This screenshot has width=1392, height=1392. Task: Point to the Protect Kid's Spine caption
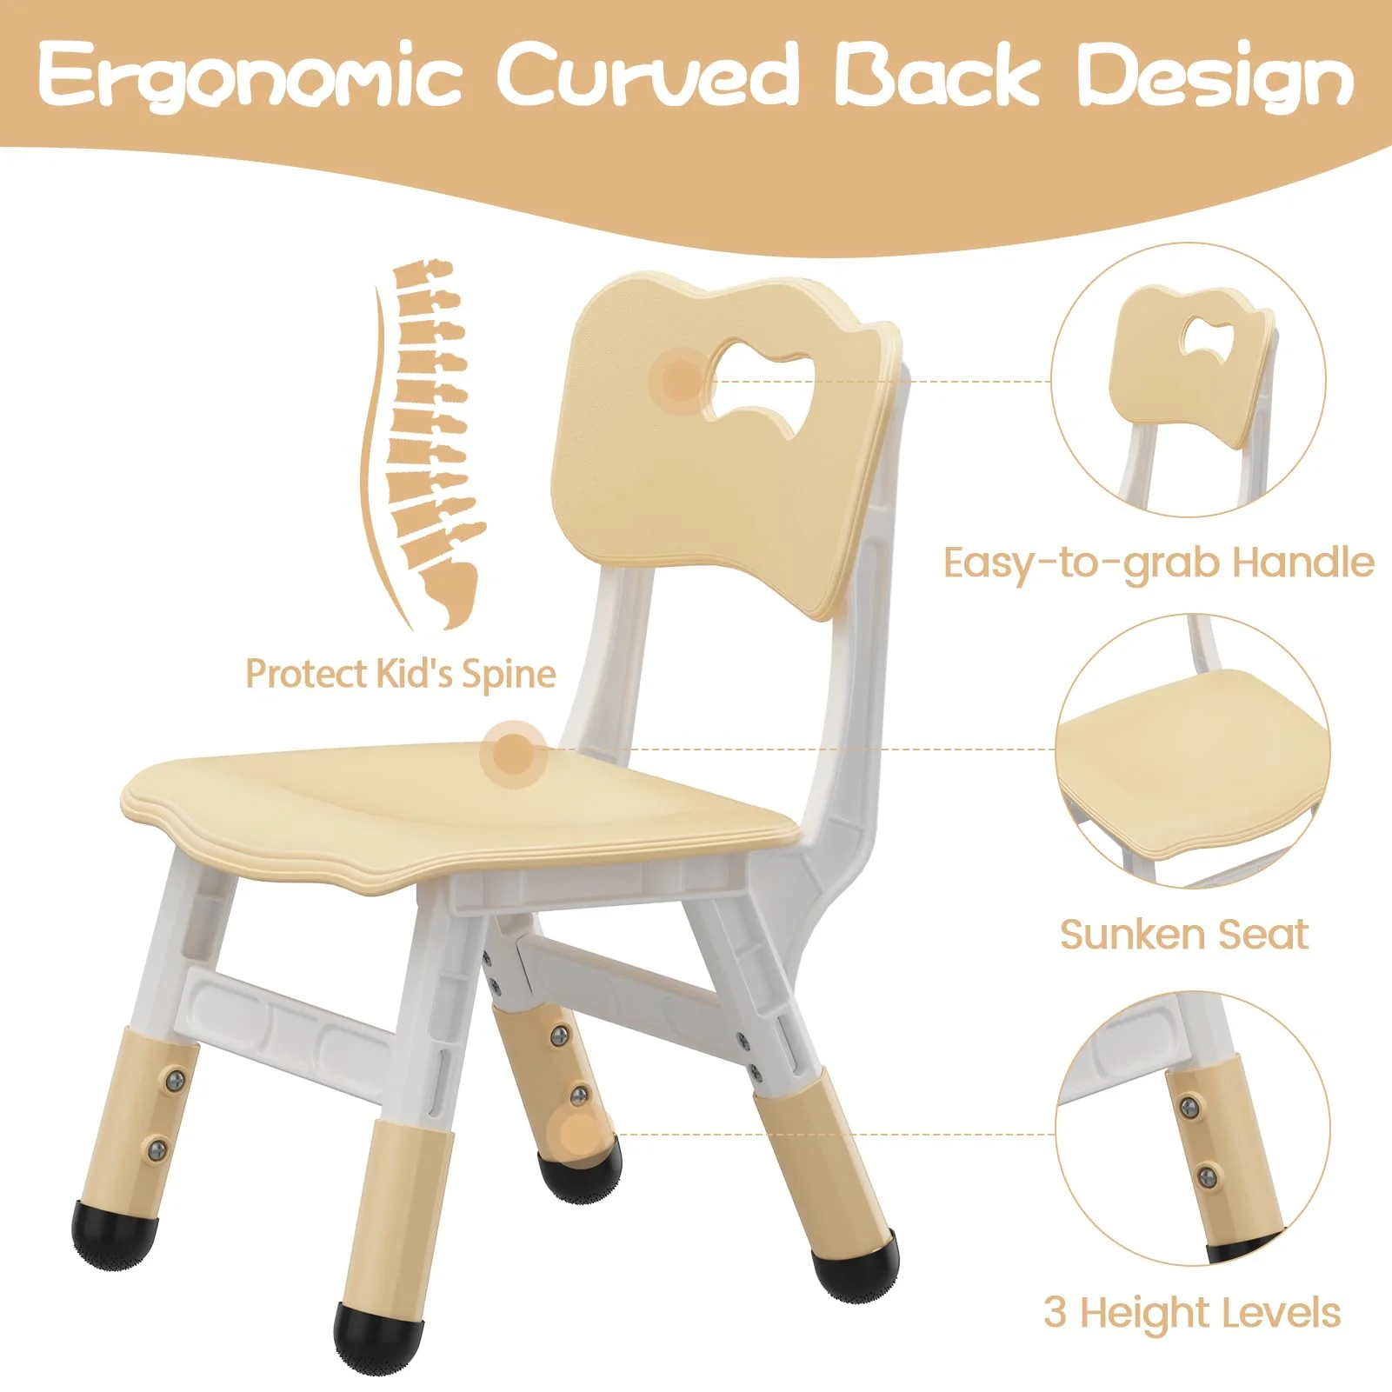click(400, 674)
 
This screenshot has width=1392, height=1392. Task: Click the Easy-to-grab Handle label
click(1159, 563)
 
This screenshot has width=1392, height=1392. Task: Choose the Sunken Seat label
click(1183, 935)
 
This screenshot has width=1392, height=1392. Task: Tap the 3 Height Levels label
click(1192, 1312)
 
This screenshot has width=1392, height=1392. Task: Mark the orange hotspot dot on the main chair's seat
click(513, 754)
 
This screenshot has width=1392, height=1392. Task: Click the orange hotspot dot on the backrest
click(683, 379)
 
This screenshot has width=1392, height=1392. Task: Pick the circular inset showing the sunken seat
click(1193, 750)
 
